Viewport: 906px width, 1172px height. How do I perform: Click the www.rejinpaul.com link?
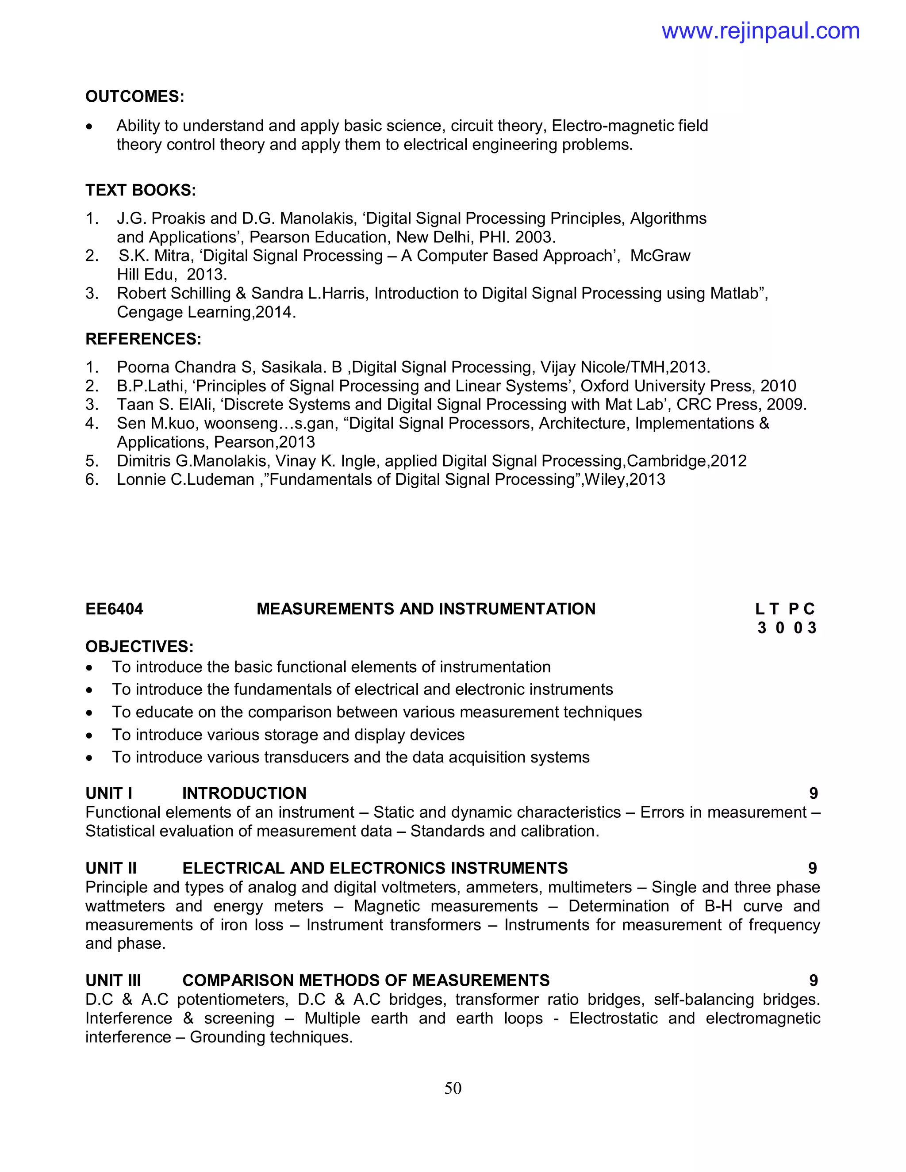[760, 31]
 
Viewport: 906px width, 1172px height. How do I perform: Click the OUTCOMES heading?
[135, 96]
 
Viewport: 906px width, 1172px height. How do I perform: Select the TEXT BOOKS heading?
[141, 190]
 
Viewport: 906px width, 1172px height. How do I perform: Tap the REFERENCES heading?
[143, 339]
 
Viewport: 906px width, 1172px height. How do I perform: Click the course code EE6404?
[114, 609]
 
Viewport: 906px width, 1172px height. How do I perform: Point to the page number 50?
[453, 1088]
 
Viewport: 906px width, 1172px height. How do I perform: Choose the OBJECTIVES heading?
[139, 646]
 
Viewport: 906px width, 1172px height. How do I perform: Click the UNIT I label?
[109, 793]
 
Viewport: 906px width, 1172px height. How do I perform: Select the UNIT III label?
[113, 980]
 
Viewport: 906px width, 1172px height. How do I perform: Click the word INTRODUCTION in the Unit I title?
[244, 793]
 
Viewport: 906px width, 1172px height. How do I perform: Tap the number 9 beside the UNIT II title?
[813, 868]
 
